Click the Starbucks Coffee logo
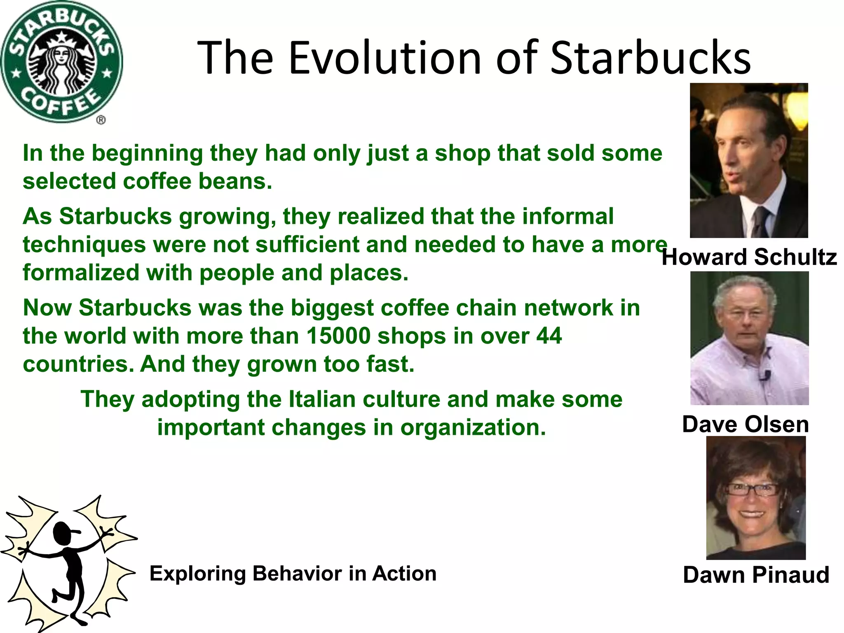pyautogui.click(x=61, y=62)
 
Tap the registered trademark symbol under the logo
pyautogui.click(x=101, y=120)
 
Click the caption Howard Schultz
pyautogui.click(x=749, y=257)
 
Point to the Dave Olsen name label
pyautogui.click(x=746, y=424)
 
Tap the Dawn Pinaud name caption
pyautogui.click(x=756, y=575)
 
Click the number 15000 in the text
pyautogui.click(x=339, y=336)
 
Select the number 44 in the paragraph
pyautogui.click(x=549, y=336)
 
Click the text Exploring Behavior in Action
pyautogui.click(x=293, y=573)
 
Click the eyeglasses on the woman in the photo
pyautogui.click(x=753, y=490)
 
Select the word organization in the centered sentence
pyautogui.click(x=473, y=427)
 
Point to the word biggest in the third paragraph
pyautogui.click(x=332, y=308)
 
